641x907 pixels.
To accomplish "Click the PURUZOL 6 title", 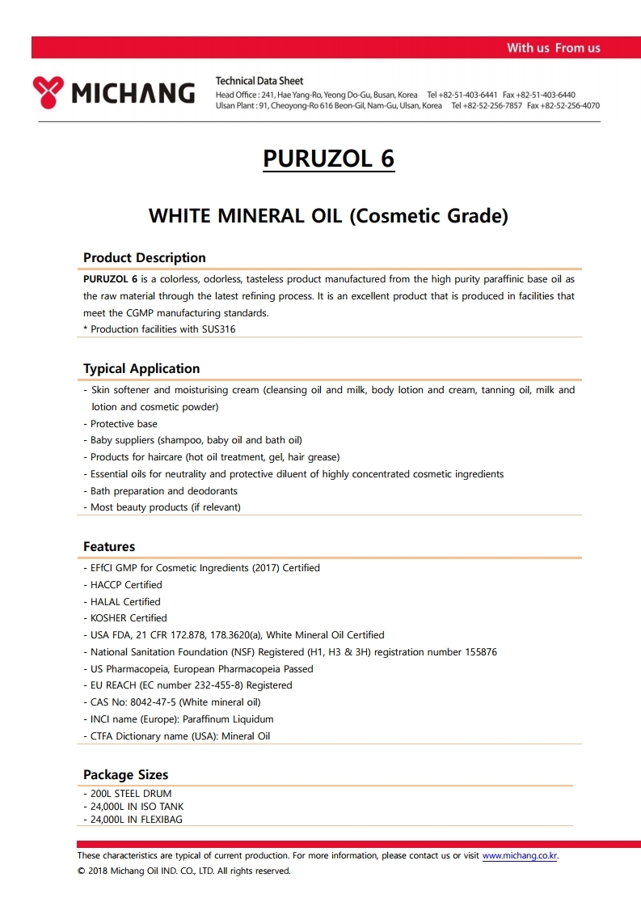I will pyautogui.click(x=328, y=158).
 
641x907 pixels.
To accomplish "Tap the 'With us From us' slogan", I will pyautogui.click(x=553, y=48).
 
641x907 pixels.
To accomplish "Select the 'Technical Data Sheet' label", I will pyautogui.click(x=259, y=81).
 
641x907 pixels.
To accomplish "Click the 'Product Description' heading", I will pyautogui.click(x=145, y=257).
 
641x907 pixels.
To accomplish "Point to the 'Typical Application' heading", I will pyautogui.click(x=141, y=368).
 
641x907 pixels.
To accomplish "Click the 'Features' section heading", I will pyautogui.click(x=109, y=546).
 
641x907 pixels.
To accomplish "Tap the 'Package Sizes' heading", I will pyautogui.click(x=125, y=774).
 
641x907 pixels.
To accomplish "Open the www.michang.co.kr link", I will pyautogui.click(x=520, y=855).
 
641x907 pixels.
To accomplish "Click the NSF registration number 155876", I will pyautogui.click(x=476, y=652).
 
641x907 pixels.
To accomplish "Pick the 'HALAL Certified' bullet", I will pyautogui.click(x=125, y=602).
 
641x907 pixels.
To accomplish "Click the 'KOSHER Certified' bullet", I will pyautogui.click(x=129, y=618).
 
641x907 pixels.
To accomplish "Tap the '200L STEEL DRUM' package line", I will pyautogui.click(x=131, y=794).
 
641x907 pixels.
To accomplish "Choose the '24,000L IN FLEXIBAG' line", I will pyautogui.click(x=137, y=820).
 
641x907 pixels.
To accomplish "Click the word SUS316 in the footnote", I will pyautogui.click(x=218, y=329).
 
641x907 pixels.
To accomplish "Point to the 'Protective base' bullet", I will pyautogui.click(x=124, y=424).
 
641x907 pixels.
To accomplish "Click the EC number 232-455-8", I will pyautogui.click(x=214, y=685).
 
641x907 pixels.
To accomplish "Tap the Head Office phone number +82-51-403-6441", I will pyautogui.click(x=468, y=95).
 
